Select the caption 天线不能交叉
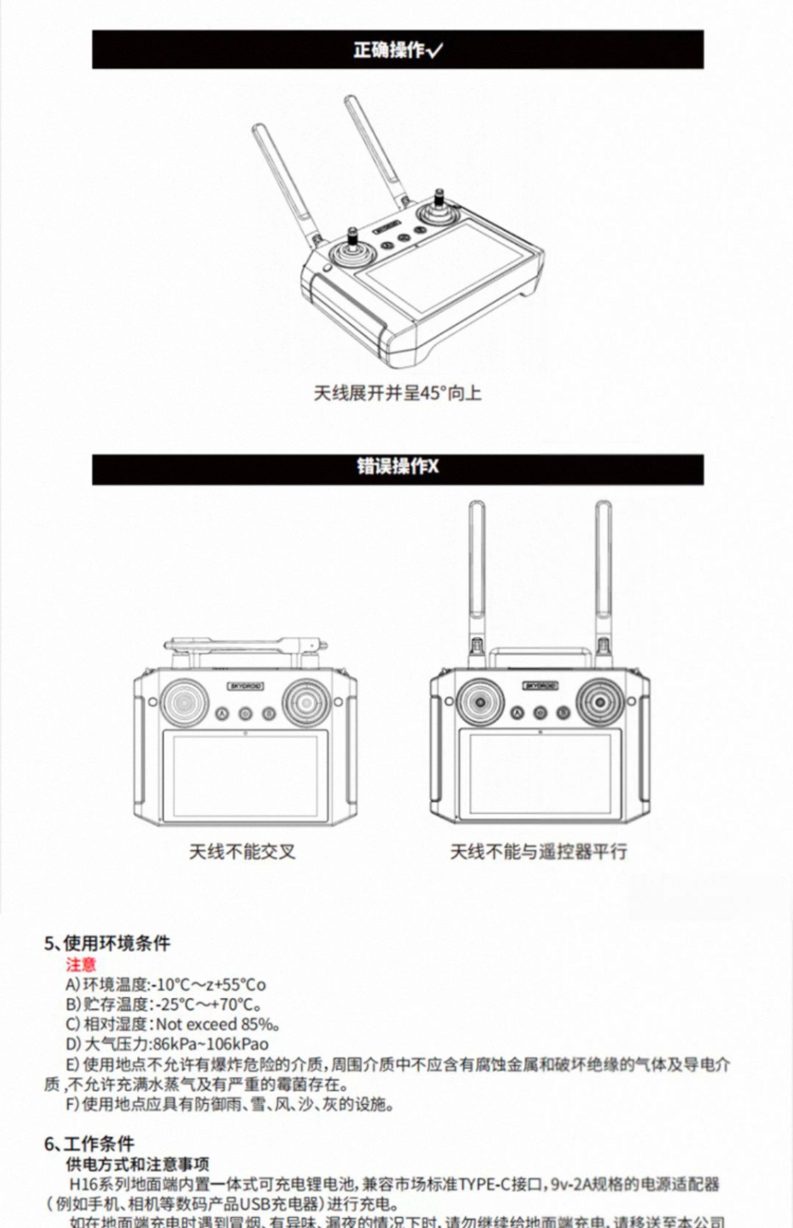242,852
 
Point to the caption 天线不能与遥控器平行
538,852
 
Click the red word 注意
81,965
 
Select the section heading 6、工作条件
89,1144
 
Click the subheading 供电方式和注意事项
137,1165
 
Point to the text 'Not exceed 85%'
216,1025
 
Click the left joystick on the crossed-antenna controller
185,702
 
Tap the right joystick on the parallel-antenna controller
600,702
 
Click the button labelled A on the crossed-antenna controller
222,714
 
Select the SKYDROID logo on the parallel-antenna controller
540,686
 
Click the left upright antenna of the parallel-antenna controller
476,571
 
